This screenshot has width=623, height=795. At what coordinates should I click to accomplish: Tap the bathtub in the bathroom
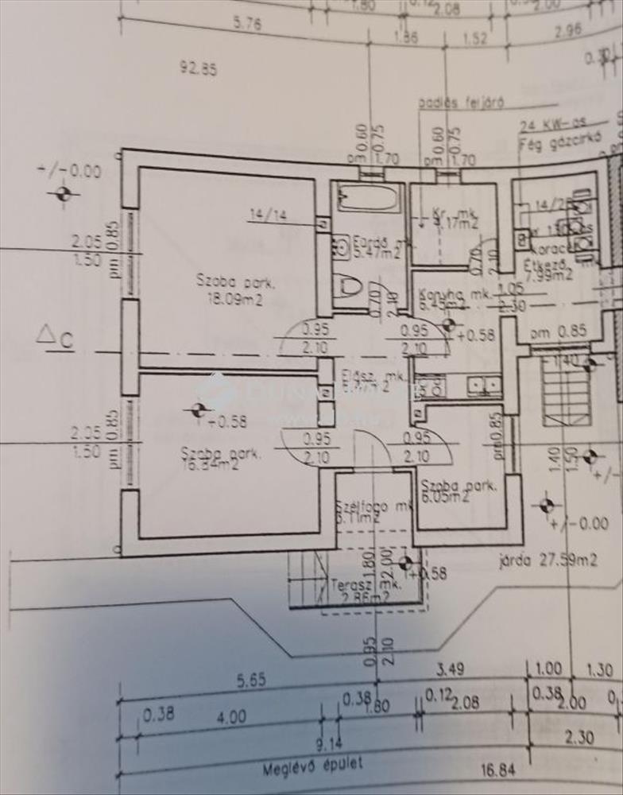click(x=366, y=197)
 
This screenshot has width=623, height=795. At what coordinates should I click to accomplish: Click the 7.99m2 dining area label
click(x=548, y=276)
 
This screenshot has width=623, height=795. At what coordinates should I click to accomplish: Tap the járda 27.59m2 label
click(x=549, y=560)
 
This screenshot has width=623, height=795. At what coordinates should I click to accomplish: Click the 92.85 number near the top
click(x=197, y=68)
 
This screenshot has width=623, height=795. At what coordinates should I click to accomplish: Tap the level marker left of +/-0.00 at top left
click(x=63, y=193)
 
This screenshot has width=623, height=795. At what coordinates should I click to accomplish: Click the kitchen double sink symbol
click(x=484, y=386)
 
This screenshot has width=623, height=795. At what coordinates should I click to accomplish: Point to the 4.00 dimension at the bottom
click(x=231, y=716)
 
